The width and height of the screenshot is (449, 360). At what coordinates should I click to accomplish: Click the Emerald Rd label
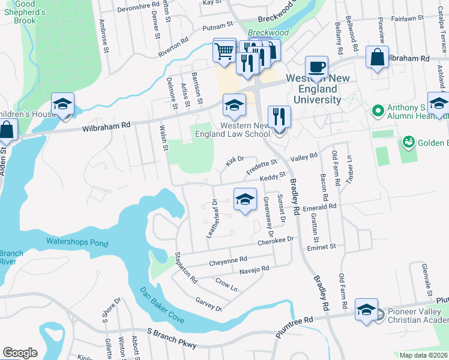[x=320, y=206]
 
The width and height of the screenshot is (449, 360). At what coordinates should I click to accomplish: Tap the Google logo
[x=20, y=353]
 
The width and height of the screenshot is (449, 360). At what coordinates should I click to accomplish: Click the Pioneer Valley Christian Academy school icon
[x=366, y=310]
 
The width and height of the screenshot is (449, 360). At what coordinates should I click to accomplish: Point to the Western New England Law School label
[x=237, y=130]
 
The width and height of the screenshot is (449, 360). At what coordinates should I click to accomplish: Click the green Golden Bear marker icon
[x=409, y=142]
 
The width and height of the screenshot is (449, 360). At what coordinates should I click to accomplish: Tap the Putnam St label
[x=217, y=26]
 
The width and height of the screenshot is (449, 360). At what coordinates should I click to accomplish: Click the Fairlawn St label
[x=408, y=19]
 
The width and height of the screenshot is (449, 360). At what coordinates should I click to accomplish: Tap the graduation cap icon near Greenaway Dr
[x=245, y=200]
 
